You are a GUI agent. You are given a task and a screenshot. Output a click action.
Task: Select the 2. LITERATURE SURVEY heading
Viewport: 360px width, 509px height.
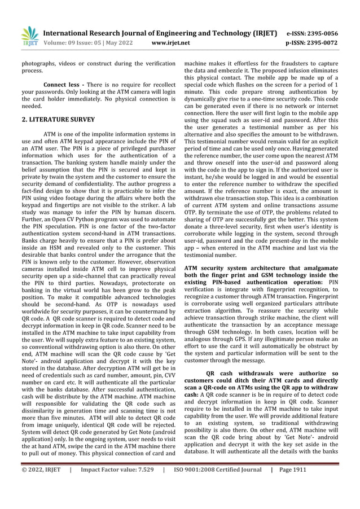point(59,120)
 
